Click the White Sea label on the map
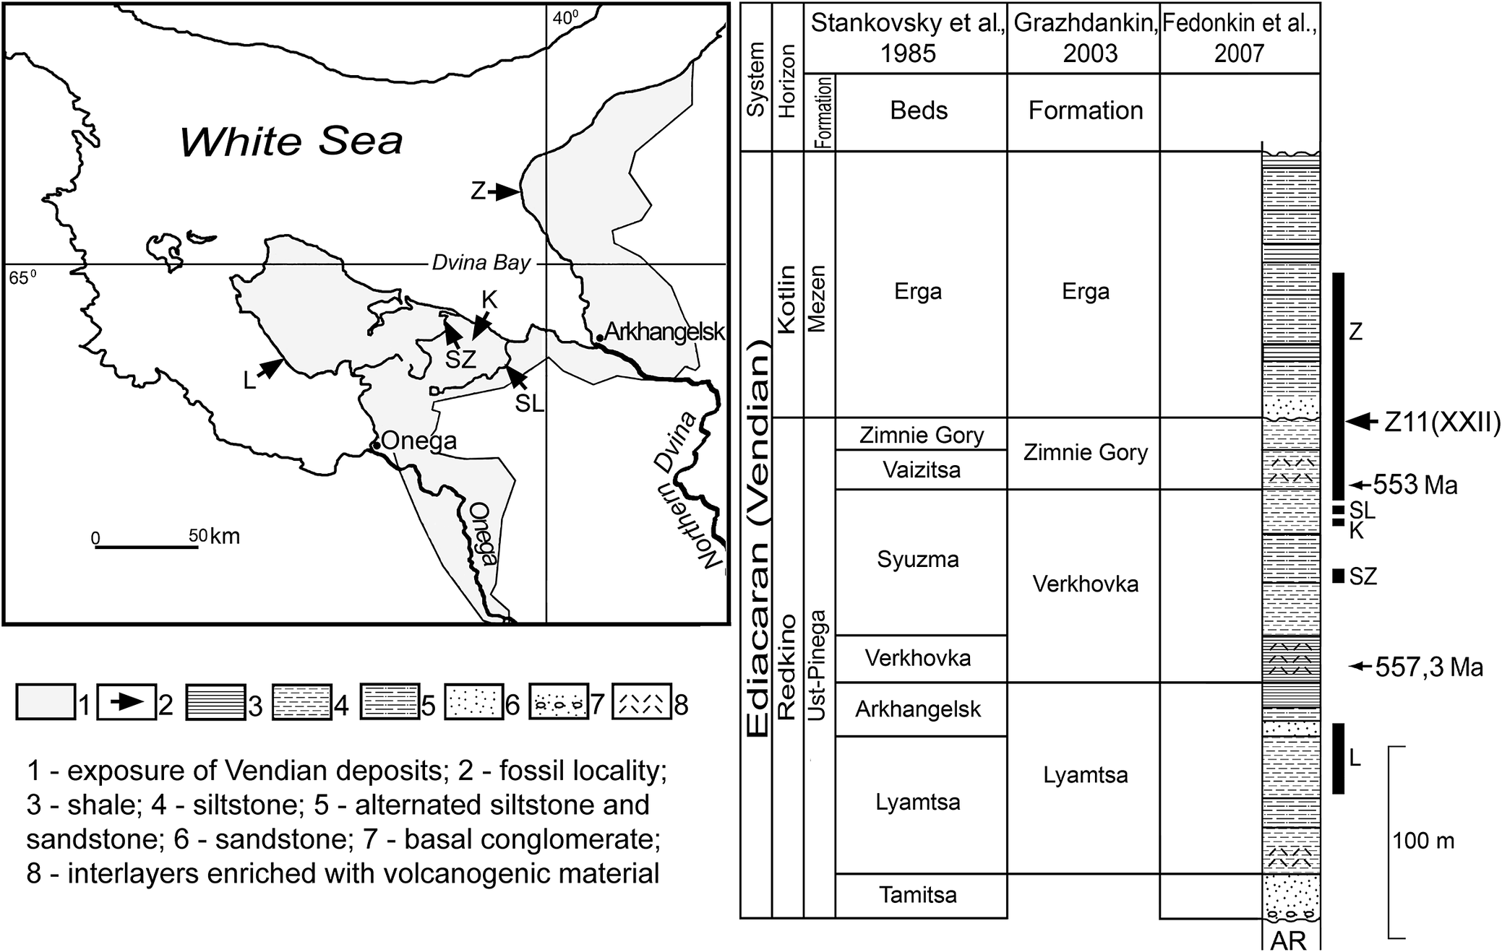(x=291, y=141)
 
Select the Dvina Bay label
(x=481, y=263)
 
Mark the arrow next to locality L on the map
(x=270, y=368)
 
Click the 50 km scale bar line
(x=147, y=547)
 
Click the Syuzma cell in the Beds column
(x=918, y=560)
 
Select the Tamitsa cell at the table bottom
(x=918, y=895)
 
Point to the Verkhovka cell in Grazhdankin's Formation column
(x=1085, y=584)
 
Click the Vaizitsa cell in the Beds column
(x=921, y=470)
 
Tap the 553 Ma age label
(x=1414, y=485)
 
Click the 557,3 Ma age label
(x=1428, y=667)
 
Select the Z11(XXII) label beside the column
(x=1442, y=423)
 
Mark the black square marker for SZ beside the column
(x=1338, y=576)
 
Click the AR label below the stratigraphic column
(x=1289, y=940)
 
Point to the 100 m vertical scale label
(x=1424, y=841)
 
